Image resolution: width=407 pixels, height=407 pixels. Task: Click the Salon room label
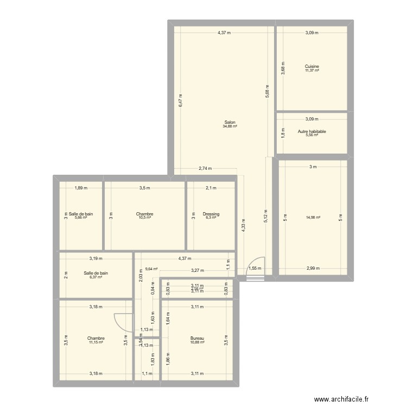point(230,122)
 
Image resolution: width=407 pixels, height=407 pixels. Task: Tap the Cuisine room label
point(311,67)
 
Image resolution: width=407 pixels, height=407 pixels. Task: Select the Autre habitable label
point(311,131)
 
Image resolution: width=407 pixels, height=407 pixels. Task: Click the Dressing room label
point(211,214)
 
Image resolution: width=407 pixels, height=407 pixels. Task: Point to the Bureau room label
point(197,338)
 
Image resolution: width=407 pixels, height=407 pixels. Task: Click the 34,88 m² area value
point(230,126)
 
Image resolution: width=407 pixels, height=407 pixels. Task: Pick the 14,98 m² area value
point(313,218)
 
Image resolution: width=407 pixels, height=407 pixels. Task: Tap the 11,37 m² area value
point(311,71)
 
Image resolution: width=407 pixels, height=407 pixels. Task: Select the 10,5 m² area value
point(145,218)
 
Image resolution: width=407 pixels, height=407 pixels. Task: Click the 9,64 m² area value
point(151,269)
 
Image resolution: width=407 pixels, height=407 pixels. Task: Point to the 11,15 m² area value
point(96,342)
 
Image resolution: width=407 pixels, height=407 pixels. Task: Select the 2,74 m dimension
point(205,169)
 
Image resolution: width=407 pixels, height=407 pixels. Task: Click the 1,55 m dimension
point(255,268)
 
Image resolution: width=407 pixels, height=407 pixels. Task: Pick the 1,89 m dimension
point(81,188)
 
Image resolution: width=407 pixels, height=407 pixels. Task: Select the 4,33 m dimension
point(243,225)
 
